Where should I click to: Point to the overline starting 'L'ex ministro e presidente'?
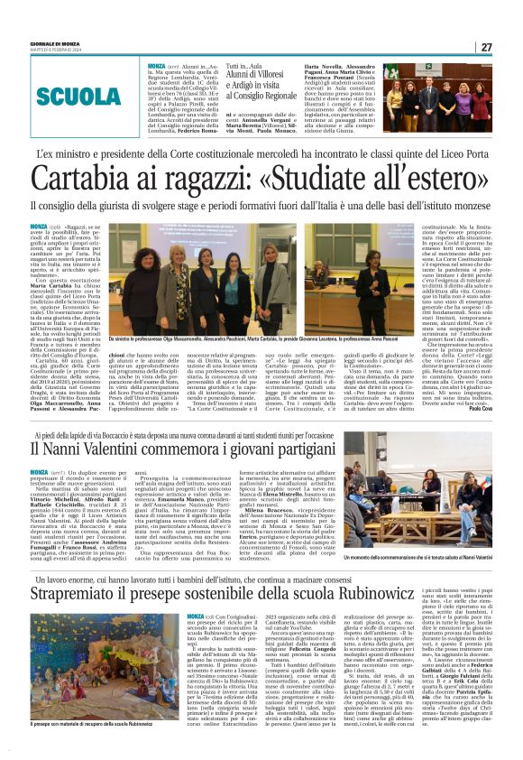tap(261, 155)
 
